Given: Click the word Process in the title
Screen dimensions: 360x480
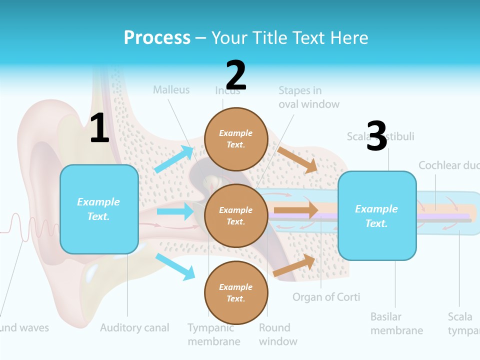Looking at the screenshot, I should point(157,38).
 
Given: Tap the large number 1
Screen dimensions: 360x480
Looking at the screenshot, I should point(99,128).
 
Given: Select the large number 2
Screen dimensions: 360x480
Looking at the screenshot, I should point(236,75).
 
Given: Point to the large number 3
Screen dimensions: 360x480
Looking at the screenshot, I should point(376,136).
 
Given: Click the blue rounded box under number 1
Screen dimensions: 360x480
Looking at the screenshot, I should point(99,209).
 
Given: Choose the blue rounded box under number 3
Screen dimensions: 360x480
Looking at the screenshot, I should point(377,215).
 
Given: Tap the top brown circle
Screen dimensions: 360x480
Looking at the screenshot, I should point(236,139).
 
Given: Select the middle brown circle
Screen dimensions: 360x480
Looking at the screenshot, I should point(236,215).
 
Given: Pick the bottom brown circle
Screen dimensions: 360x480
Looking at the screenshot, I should point(236,292).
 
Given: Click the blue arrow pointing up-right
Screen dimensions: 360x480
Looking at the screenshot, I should point(174,159).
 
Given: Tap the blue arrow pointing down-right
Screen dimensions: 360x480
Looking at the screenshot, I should point(175,266).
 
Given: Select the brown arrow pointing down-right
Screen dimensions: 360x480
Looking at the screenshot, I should point(297,159).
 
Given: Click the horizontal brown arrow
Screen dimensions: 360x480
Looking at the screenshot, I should point(296,210).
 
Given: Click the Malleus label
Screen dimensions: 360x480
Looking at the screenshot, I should point(171,90).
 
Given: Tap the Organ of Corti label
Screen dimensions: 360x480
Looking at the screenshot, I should point(326,297).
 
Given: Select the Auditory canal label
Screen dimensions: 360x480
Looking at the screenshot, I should point(134,328).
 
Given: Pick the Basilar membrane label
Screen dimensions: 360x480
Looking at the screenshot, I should point(396,323).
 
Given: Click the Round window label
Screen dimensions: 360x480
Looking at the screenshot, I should point(278,334).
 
